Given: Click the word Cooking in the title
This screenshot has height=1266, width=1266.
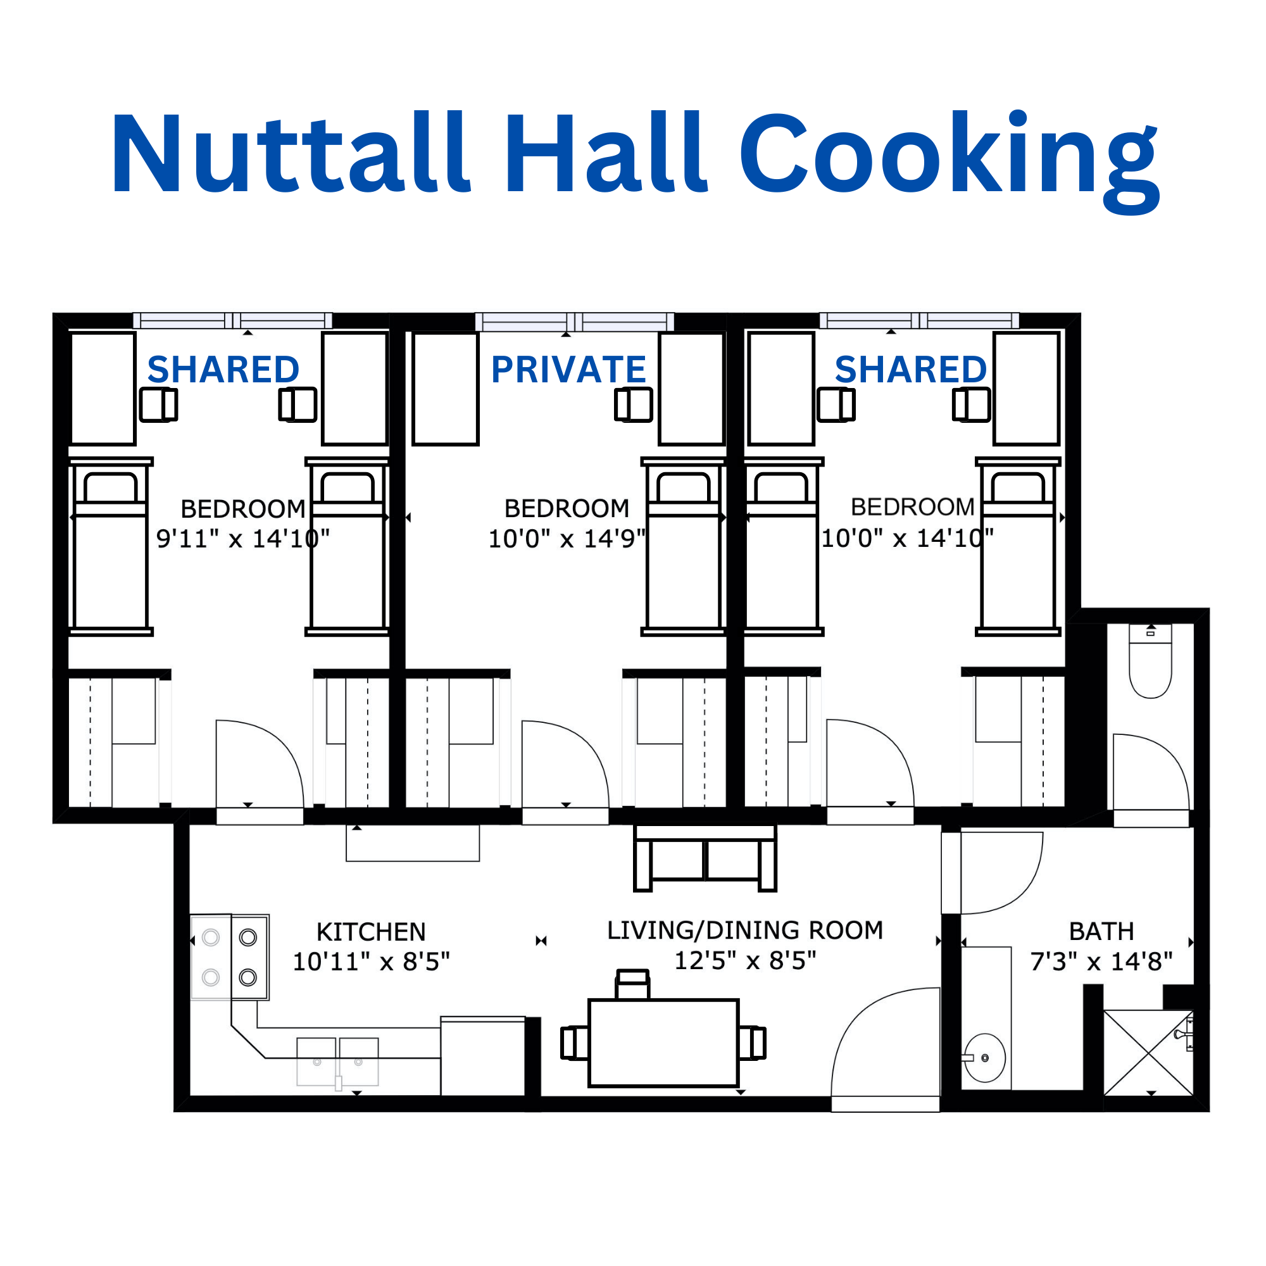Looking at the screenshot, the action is click(949, 161).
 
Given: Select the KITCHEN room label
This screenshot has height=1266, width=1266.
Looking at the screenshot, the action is click(371, 932).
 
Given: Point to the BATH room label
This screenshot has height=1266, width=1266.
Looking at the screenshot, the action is click(1101, 931).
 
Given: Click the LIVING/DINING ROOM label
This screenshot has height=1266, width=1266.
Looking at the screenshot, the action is click(745, 931).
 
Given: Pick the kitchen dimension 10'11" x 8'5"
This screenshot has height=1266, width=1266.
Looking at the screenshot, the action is click(371, 962).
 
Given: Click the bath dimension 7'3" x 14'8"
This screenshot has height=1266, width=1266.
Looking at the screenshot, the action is click(1101, 962).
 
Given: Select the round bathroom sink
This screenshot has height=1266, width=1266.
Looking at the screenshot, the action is click(984, 1058).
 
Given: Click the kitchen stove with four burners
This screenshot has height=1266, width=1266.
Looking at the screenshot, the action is click(229, 957).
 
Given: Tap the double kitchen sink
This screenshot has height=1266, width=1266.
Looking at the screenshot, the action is click(337, 1062).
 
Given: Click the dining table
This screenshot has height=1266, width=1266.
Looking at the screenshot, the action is click(663, 1043).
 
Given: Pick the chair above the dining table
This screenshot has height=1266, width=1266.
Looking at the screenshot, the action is click(632, 984).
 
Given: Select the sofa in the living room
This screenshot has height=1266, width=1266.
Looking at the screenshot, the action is click(705, 858).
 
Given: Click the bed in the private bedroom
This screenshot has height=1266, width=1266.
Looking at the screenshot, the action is click(684, 546).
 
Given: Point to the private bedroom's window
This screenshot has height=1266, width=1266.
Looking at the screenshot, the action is click(575, 321).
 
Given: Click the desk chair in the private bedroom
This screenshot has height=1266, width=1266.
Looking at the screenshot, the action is click(633, 404).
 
